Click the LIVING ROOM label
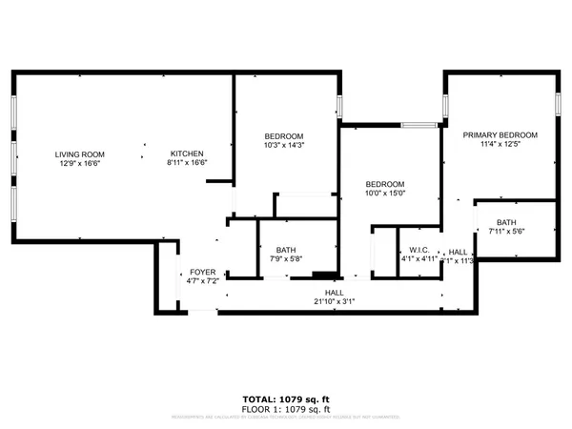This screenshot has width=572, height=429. point(79,154)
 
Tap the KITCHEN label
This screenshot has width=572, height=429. point(188,154)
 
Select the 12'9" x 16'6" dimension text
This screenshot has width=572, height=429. point(79,164)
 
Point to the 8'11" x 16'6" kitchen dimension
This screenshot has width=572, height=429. point(188,164)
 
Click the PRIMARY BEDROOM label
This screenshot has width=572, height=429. point(500,135)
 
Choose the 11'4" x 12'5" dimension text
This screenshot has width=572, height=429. point(500,145)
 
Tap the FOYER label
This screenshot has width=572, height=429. point(204,272)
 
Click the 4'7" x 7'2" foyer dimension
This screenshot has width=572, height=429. point(204,281)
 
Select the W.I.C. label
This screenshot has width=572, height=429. point(417,248)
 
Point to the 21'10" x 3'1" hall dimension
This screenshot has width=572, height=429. point(334,301)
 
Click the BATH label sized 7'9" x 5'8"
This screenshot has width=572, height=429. point(286,250)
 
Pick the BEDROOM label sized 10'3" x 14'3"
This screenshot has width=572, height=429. point(284,135)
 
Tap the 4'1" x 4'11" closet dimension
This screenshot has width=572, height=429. point(417,257)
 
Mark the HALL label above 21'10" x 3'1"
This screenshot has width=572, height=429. point(334,292)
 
